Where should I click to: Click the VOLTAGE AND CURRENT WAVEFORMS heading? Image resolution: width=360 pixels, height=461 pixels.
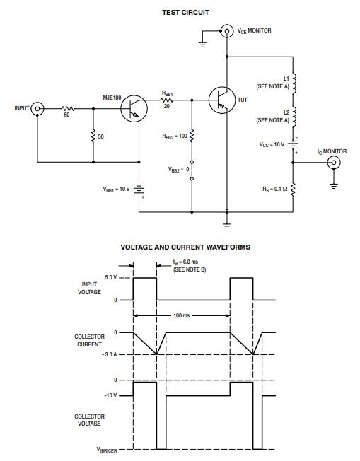click(x=185, y=247)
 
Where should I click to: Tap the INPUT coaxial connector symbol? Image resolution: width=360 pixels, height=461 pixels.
click(x=37, y=109)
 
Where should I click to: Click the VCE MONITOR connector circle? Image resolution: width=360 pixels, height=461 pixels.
click(x=226, y=31)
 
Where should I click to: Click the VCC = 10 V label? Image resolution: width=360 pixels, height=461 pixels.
click(x=272, y=144)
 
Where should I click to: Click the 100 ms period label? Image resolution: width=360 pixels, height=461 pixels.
click(x=182, y=315)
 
